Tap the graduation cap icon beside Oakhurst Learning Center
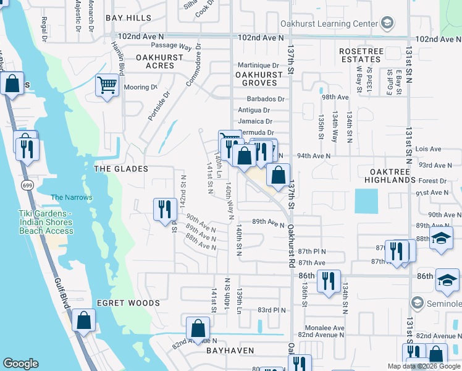coord(387,24)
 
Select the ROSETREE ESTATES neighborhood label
coord(361,55)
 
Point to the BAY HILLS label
coord(128,18)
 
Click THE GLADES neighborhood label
coord(120,169)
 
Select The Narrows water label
coord(71,197)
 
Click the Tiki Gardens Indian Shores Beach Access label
coord(45,222)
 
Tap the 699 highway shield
coord(26,185)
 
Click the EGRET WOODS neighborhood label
coord(128,303)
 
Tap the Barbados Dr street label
coord(265,99)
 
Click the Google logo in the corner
coord(20,364)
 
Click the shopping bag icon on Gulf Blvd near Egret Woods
coord(83,320)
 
